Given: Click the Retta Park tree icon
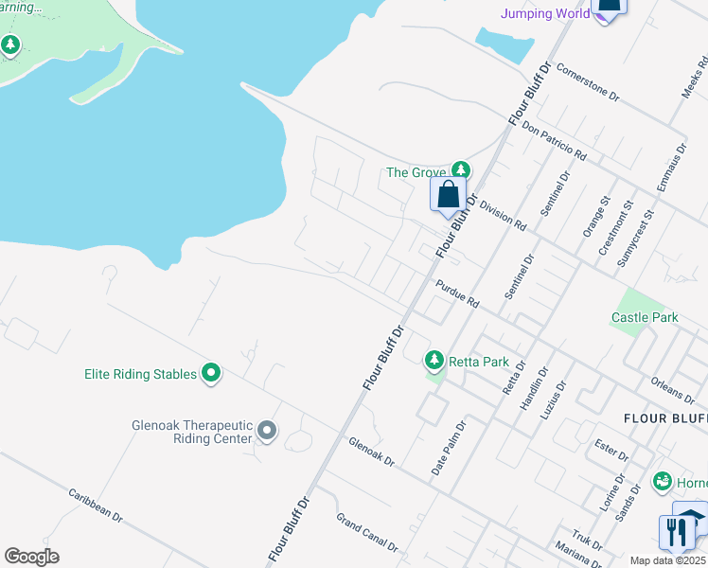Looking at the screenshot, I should [434, 360].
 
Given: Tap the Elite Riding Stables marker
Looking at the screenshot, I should [211, 374].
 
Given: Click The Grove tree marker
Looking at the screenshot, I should [460, 171].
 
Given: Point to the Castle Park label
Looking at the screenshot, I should [645, 317].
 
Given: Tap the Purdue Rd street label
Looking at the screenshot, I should [457, 293].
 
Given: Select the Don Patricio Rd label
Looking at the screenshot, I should [555, 142].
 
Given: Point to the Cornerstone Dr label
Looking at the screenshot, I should [587, 82].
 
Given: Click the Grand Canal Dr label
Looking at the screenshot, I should [368, 532].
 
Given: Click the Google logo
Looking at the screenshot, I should [31, 557].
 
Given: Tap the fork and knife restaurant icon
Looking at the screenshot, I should [676, 532].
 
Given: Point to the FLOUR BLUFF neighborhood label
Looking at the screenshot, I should [665, 417].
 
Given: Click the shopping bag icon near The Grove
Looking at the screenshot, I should [449, 195].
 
